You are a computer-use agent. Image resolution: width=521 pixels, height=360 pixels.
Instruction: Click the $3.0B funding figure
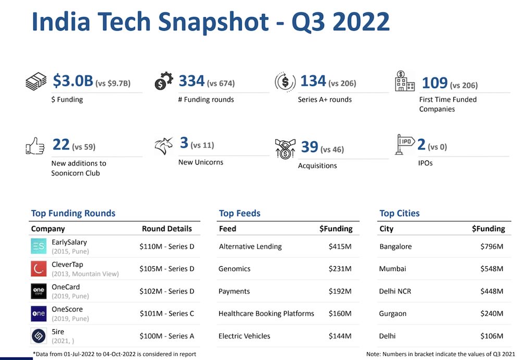click(73, 81)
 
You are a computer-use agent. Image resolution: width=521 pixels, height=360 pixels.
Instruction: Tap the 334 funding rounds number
click(191, 81)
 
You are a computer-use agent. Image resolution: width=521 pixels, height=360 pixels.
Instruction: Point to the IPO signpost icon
click(405, 145)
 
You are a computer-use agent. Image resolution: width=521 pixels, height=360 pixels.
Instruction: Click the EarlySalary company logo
click(39, 246)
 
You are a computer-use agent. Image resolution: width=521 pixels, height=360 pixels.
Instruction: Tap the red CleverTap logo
click(39, 268)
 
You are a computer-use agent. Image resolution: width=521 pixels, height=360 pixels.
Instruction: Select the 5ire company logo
click(39, 336)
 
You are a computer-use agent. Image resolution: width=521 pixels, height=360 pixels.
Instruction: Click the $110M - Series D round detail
click(167, 246)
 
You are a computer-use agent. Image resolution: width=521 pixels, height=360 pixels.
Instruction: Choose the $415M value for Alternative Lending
click(340, 246)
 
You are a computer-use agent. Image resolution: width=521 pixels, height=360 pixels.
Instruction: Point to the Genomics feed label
click(234, 269)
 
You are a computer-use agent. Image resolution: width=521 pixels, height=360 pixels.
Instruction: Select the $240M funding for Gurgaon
click(492, 314)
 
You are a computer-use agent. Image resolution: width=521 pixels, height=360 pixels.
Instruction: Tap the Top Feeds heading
click(240, 213)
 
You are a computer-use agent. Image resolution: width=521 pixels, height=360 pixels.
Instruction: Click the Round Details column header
click(167, 229)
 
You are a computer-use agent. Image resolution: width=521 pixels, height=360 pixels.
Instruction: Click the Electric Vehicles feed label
click(244, 336)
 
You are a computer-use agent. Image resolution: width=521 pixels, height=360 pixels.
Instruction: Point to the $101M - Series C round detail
click(167, 313)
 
